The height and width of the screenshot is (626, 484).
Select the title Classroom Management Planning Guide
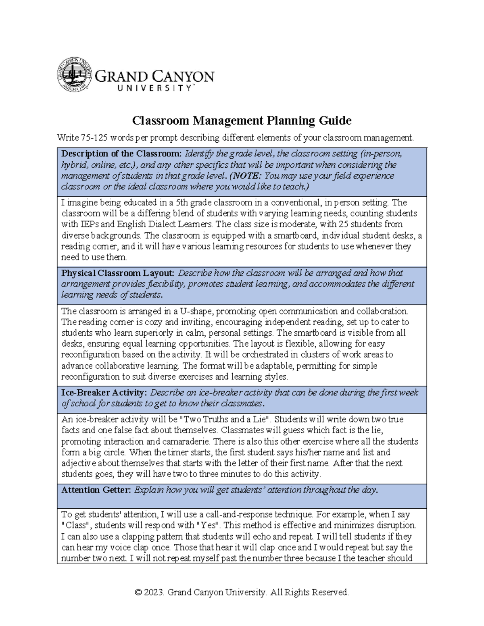[x=242, y=121]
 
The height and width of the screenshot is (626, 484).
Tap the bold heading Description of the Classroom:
[x=121, y=154]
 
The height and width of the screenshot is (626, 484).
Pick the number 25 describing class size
[x=335, y=224]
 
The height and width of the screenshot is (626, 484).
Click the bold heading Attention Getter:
[x=96, y=490]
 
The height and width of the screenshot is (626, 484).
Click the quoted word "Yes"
[x=207, y=526]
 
